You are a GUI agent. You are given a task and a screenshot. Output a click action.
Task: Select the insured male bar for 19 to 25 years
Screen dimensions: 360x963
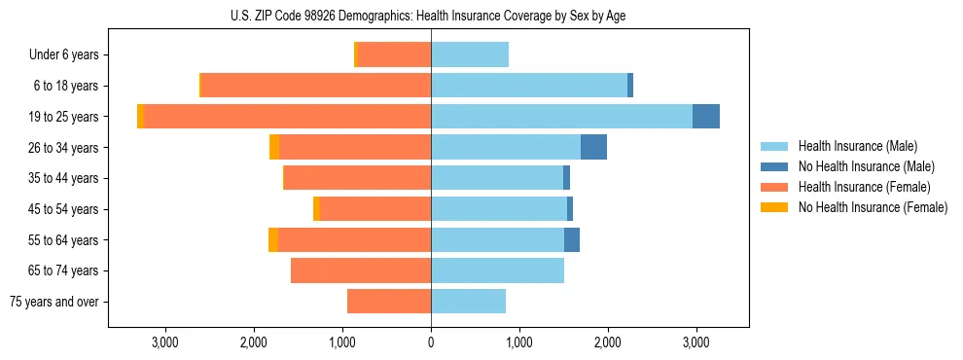click(x=561, y=117)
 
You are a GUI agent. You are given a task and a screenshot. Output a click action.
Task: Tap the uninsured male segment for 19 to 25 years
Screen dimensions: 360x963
click(x=706, y=117)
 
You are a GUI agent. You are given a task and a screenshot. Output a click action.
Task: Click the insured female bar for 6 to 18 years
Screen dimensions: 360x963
click(x=316, y=86)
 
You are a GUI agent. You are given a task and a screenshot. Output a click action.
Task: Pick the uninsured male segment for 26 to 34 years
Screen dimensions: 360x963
click(x=593, y=147)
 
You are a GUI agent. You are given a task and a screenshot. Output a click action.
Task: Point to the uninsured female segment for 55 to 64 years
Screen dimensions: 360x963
click(x=273, y=239)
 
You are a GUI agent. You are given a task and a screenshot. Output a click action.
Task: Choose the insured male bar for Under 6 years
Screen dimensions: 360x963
click(x=470, y=55)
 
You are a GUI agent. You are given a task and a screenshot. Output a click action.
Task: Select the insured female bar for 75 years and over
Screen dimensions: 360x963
click(x=389, y=302)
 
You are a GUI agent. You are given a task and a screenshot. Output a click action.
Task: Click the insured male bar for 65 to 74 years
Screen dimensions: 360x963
click(x=497, y=270)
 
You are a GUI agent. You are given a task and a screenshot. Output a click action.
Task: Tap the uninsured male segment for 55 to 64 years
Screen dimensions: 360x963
click(x=572, y=239)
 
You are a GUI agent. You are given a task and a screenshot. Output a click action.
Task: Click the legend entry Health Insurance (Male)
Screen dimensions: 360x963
click(x=857, y=146)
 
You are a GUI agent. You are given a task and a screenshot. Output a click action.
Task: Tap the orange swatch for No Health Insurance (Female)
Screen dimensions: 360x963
click(x=775, y=207)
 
